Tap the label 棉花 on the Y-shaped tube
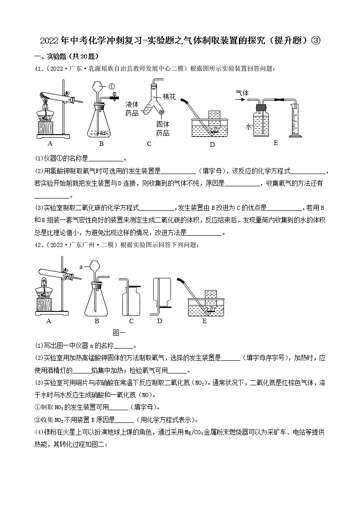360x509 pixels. click(x=169, y=97)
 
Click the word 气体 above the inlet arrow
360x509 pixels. click(x=242, y=92)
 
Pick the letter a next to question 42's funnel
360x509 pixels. click(x=81, y=267)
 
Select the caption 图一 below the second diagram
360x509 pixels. click(x=118, y=332)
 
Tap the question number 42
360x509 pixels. click(x=40, y=245)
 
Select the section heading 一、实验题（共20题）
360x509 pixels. click(x=67, y=56)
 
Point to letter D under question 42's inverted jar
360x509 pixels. click(x=159, y=321)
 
